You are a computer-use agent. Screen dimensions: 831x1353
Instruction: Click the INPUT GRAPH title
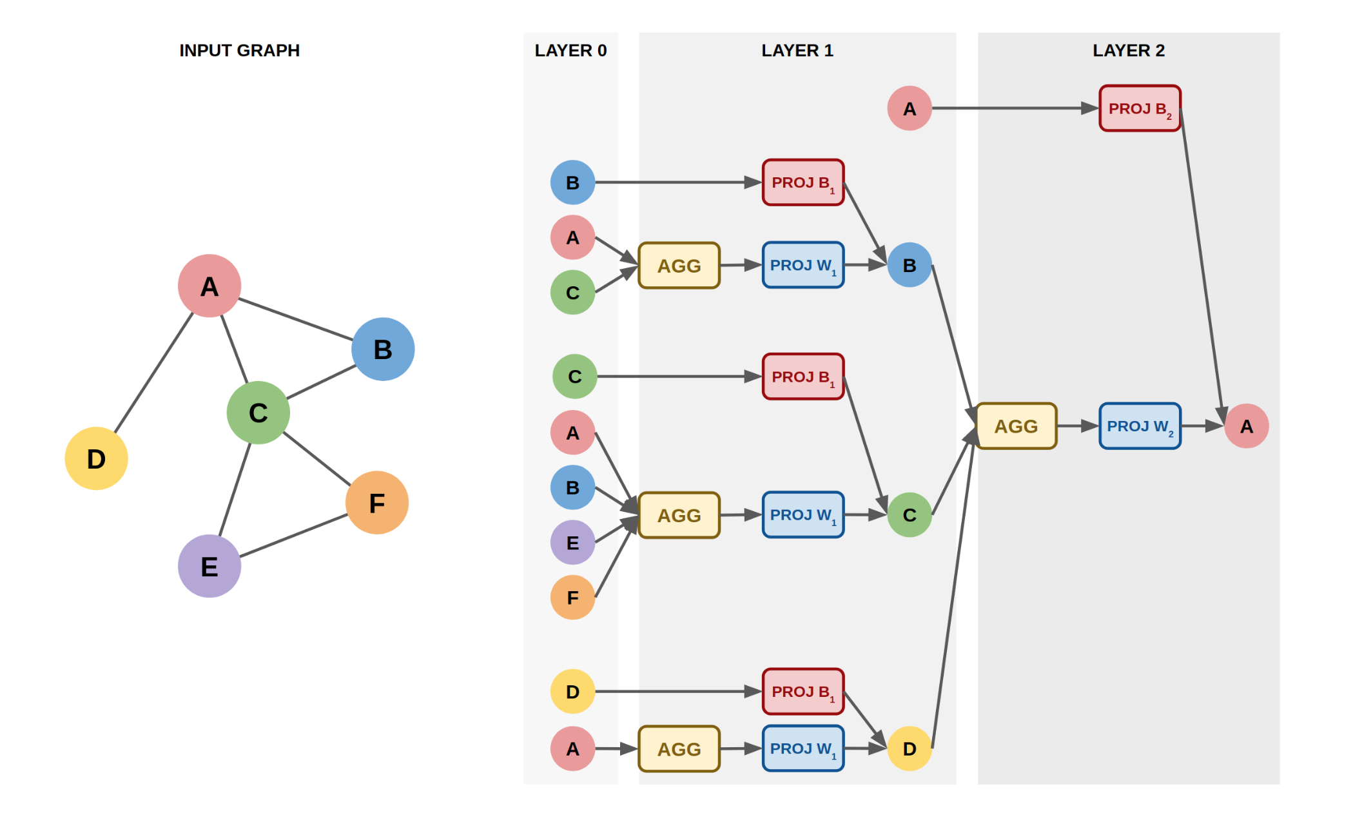coord(239,50)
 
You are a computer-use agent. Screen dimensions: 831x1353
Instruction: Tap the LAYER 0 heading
coord(570,50)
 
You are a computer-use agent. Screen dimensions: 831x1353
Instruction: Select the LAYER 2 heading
coord(1128,50)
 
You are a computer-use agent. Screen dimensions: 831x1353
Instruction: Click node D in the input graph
coord(97,458)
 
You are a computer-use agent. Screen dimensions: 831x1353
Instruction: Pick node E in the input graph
coord(209,566)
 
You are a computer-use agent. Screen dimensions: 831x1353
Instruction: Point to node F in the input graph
coord(377,503)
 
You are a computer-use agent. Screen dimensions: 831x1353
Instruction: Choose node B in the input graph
coord(383,349)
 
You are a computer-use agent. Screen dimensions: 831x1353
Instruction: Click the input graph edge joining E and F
coord(293,535)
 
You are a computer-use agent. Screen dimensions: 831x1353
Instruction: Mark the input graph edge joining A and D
coord(153,373)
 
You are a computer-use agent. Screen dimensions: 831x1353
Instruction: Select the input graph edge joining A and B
coord(295,318)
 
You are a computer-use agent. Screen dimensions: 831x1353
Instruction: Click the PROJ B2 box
coord(1140,108)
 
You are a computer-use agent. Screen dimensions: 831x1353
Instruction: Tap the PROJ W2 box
coord(1140,426)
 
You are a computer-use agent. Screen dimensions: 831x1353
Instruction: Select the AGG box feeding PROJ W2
coord(1016,426)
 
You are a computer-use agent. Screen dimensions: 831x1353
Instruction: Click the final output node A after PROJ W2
coord(1246,426)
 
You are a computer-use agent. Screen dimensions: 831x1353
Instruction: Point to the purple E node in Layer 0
coord(572,543)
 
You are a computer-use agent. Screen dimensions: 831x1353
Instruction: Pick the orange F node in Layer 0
coord(572,598)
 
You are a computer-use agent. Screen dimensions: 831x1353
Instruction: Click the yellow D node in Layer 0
coord(572,692)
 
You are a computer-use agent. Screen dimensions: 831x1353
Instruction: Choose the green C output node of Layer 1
coord(909,515)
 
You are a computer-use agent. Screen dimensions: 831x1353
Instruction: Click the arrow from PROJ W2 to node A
coord(1202,426)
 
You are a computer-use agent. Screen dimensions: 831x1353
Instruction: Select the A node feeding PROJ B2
coord(909,108)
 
